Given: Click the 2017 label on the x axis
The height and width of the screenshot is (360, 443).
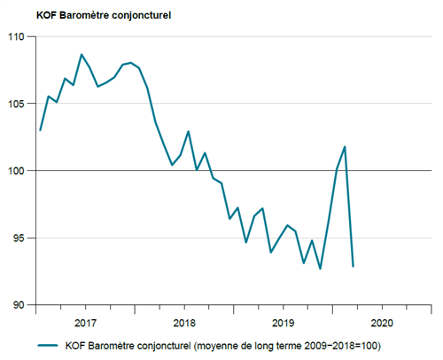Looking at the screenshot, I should click(x=86, y=322).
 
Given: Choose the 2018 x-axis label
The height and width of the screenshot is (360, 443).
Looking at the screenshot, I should click(x=184, y=322).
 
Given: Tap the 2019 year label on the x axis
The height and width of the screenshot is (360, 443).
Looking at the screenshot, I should click(x=283, y=322).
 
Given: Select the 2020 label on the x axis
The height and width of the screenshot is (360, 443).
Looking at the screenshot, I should click(x=381, y=322).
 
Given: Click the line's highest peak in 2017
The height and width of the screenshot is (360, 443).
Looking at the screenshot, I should click(x=82, y=55).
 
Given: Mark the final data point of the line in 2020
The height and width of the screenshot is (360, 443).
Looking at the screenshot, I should click(x=353, y=266).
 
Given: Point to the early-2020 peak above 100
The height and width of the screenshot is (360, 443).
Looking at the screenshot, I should click(x=345, y=146).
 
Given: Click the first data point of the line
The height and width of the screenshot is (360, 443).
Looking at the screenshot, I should click(x=41, y=130).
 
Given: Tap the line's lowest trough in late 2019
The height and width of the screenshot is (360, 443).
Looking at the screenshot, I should click(x=320, y=269).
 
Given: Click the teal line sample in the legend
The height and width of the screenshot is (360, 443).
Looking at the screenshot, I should click(x=51, y=345).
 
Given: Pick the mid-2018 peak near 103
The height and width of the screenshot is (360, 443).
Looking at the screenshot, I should click(x=189, y=131).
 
